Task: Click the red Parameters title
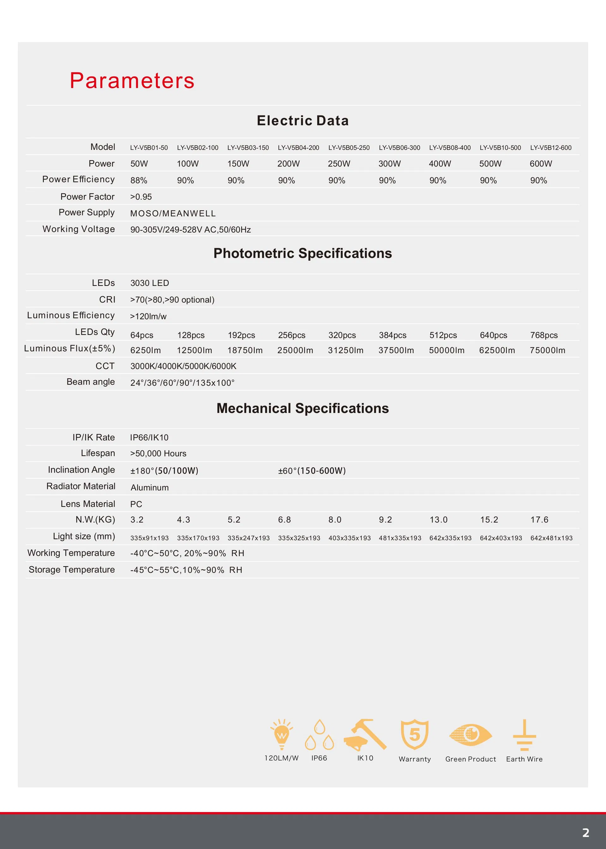(x=132, y=81)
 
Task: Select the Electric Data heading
(x=303, y=121)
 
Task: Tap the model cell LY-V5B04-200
(x=298, y=148)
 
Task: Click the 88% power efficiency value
(x=139, y=181)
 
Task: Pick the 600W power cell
(x=541, y=164)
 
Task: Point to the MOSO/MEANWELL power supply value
(x=173, y=214)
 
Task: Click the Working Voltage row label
(x=78, y=229)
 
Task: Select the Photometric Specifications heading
(x=303, y=253)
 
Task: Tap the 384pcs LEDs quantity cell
(x=393, y=335)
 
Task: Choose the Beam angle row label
(x=90, y=382)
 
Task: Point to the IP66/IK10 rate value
(x=149, y=438)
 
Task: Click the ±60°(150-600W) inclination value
(x=312, y=471)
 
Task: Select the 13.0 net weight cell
(x=438, y=520)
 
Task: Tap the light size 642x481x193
(x=551, y=538)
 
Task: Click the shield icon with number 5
(x=415, y=734)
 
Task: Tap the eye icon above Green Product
(x=471, y=735)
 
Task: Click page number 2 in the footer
(x=585, y=833)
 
